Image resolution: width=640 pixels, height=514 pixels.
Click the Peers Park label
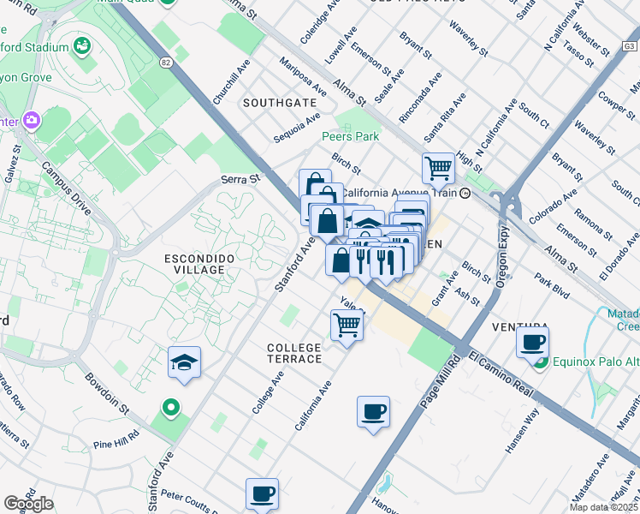350,136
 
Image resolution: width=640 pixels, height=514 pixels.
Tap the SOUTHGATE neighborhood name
279,103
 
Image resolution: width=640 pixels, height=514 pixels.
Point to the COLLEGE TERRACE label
294,353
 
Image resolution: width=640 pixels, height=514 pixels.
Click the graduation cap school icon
184,363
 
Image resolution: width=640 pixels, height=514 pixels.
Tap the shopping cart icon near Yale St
347,325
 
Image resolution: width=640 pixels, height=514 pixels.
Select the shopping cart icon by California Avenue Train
438,167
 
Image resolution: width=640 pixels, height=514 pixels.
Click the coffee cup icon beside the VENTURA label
533,342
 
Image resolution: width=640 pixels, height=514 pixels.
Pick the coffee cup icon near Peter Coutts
262,493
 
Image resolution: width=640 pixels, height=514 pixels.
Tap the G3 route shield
630,45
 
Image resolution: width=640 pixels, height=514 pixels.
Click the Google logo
28,504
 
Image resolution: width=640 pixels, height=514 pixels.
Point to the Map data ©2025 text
603,507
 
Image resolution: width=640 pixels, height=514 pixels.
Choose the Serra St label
240,180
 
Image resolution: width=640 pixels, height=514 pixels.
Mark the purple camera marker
33,120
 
